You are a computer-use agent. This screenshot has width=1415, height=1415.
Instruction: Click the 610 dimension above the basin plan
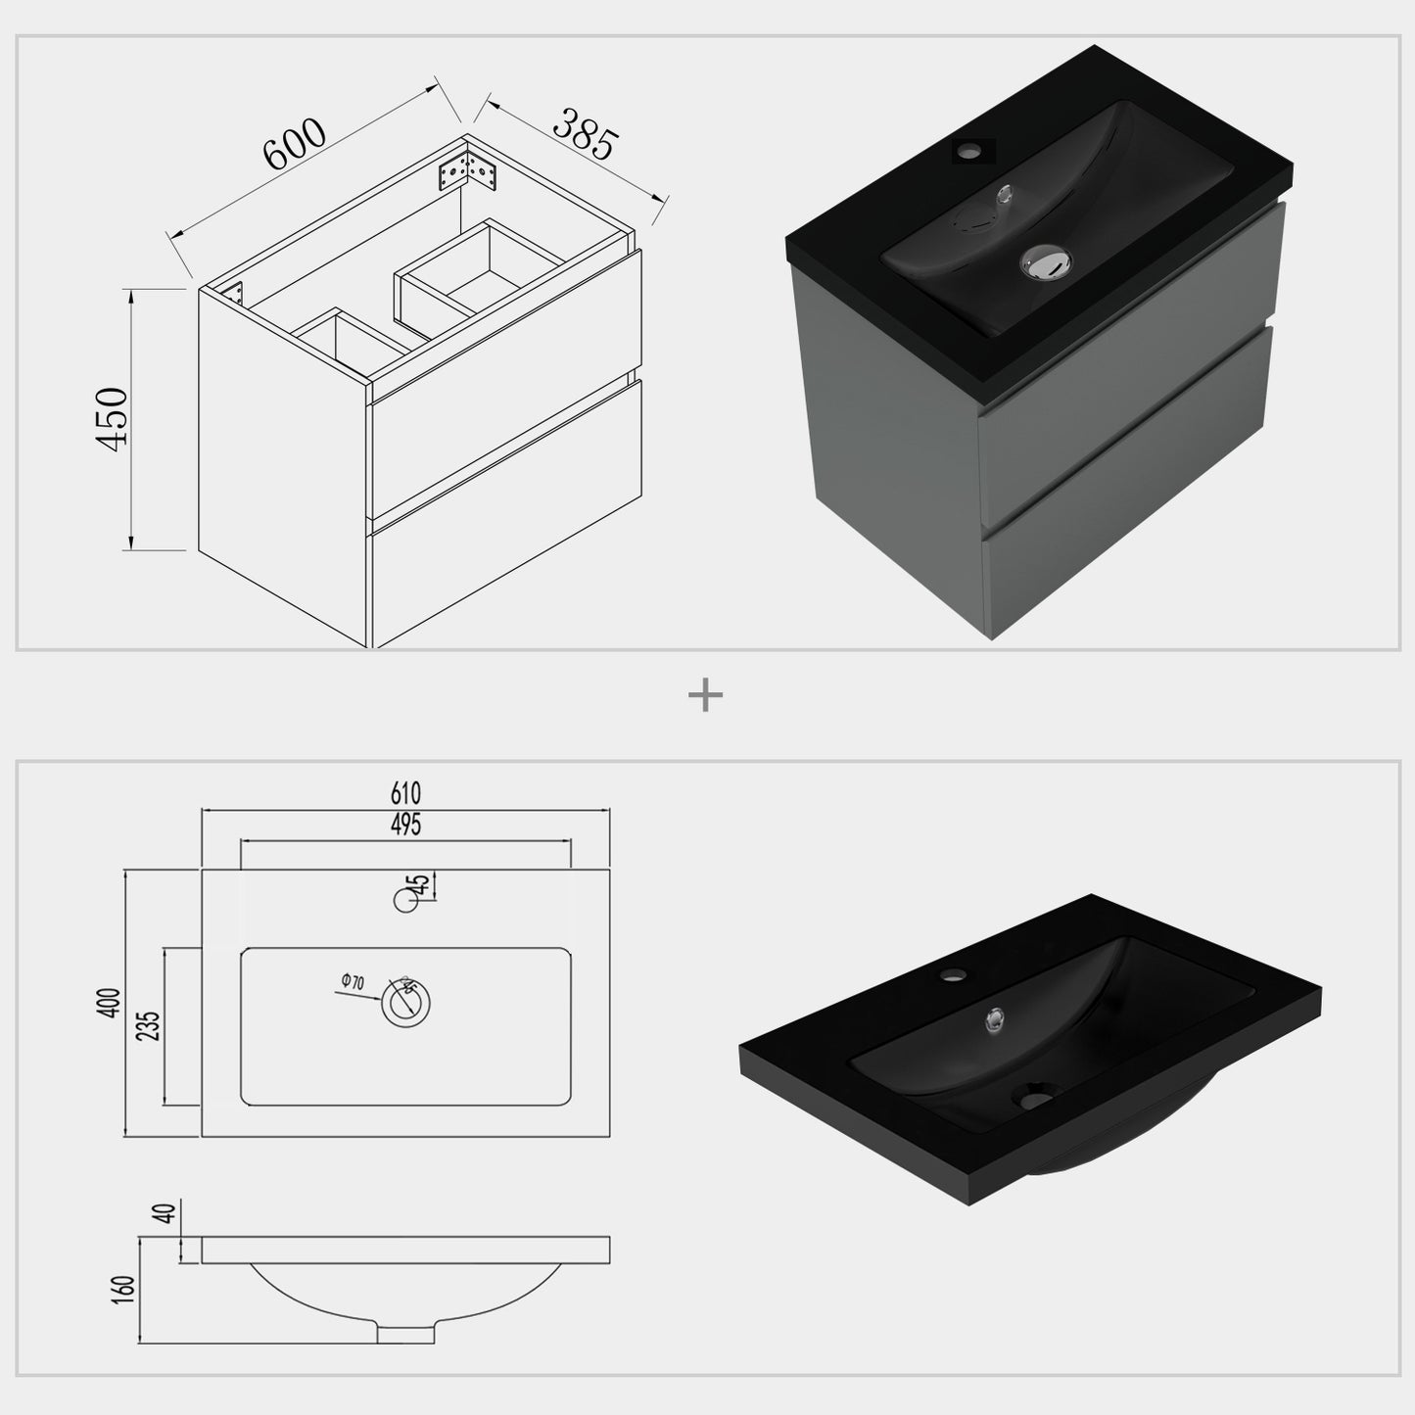405,793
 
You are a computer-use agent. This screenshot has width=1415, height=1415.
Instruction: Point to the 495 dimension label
405,825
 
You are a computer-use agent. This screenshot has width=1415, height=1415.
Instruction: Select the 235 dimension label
151,1024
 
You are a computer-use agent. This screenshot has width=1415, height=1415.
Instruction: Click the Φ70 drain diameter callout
353,981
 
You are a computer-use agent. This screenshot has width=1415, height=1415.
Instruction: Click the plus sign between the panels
705,696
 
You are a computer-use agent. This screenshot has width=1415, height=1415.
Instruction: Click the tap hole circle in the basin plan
405,899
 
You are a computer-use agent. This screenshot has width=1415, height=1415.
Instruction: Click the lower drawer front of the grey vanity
1126,490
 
